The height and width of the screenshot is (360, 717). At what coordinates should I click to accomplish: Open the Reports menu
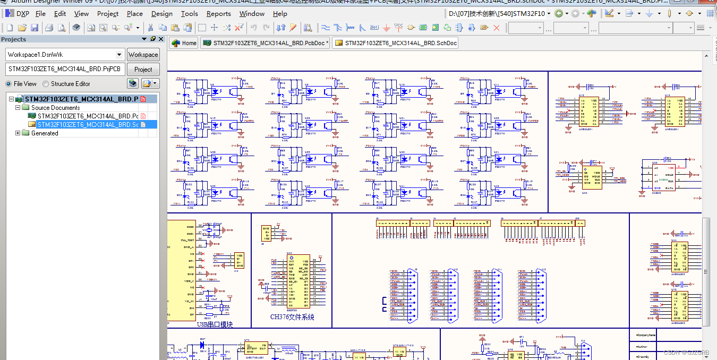coord(218,14)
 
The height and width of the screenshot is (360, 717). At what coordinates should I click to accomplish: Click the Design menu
coord(161,14)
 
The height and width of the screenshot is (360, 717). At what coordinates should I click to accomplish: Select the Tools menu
coord(189,14)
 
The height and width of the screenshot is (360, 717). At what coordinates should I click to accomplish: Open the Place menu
coord(134,14)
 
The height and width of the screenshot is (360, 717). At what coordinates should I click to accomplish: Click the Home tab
coord(184,44)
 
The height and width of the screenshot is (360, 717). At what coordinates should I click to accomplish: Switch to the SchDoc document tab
coord(395,44)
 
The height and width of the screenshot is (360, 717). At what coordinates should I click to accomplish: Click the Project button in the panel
coord(143,69)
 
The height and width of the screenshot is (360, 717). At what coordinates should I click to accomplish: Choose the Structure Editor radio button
coord(46,84)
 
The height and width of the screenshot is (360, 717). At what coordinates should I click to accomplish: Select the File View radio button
coord(8,84)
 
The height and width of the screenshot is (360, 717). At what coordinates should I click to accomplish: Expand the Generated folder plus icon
coord(18,133)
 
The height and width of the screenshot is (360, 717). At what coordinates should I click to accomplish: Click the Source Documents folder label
coord(55,108)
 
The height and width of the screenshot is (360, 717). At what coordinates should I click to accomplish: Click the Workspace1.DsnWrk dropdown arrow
coord(121,55)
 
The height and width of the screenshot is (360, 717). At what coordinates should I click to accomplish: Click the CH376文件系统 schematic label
coord(292,317)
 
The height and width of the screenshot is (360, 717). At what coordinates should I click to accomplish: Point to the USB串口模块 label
coord(215,324)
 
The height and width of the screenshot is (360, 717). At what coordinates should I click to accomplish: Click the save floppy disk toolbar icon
coord(35,28)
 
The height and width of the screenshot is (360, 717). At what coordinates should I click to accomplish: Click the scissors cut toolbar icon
coord(150,28)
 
